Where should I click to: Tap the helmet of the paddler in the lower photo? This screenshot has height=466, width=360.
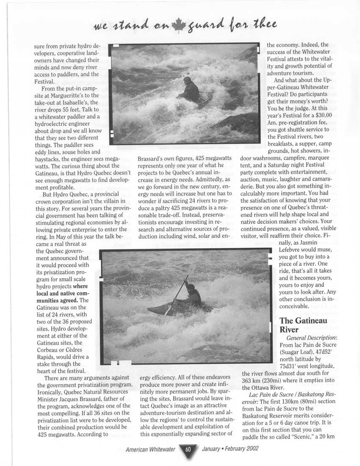point(191,287)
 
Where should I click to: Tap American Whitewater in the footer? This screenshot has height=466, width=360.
point(150,449)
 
